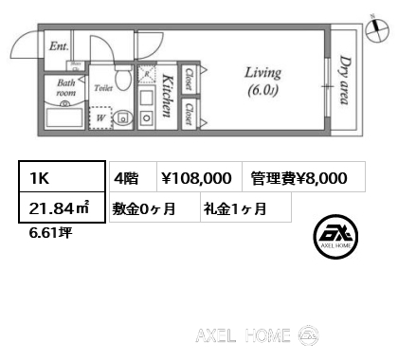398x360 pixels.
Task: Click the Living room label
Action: point(262,81)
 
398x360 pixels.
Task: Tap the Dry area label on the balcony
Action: point(345,80)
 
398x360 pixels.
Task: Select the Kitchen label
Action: point(168,96)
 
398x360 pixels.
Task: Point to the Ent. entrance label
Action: point(59,46)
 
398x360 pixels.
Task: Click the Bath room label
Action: point(66,88)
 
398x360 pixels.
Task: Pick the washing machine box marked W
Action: point(100,118)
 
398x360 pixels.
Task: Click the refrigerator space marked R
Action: point(147,74)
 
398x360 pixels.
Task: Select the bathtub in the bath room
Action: point(64,118)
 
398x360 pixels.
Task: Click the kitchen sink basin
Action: point(146,98)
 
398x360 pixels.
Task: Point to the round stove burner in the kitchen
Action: point(146,118)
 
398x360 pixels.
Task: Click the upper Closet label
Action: point(189,79)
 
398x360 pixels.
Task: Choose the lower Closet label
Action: point(189,114)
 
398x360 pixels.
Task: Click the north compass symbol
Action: point(377,29)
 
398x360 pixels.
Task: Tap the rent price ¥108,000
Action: point(197,178)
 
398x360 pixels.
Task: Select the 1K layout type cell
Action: point(63,176)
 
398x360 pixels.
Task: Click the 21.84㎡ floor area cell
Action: point(63,207)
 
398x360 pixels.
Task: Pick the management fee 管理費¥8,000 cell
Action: point(304,178)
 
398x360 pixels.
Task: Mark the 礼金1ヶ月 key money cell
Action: point(245,208)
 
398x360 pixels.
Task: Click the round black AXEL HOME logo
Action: point(335,237)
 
